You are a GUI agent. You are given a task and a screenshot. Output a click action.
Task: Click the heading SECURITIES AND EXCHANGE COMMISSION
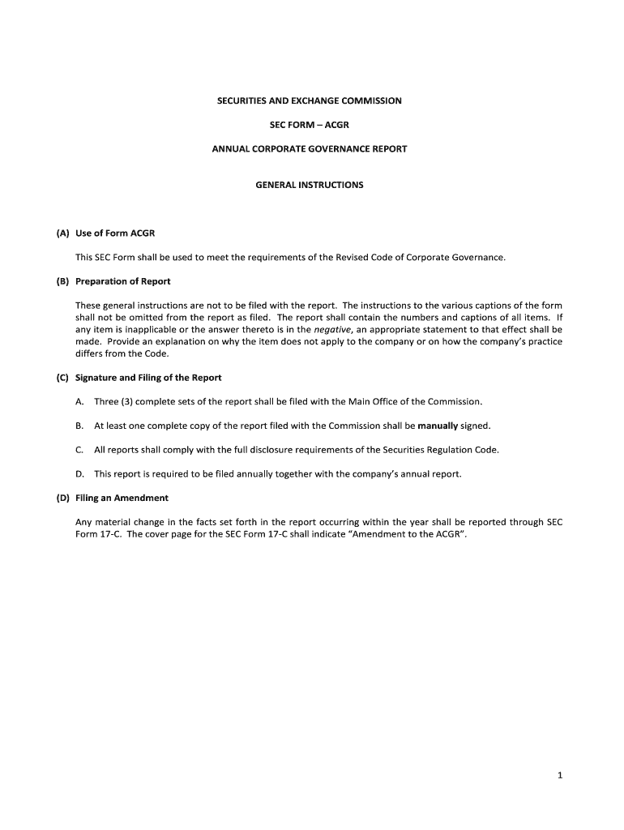click(x=309, y=101)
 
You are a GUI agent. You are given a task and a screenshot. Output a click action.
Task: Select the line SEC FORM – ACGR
click(x=309, y=125)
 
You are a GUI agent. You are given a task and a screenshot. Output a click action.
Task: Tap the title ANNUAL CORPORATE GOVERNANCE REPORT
click(x=309, y=149)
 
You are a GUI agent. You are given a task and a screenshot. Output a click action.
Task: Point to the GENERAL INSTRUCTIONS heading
click(x=309, y=185)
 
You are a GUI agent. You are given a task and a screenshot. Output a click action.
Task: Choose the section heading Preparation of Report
click(x=122, y=281)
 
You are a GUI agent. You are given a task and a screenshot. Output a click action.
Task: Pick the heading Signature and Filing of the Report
click(x=148, y=378)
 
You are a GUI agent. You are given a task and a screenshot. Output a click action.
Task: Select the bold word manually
click(x=438, y=426)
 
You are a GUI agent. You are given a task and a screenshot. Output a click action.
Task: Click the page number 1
click(x=559, y=776)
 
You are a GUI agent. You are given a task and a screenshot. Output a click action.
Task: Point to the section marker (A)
click(x=62, y=233)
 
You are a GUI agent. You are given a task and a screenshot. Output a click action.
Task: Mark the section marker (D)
click(x=62, y=498)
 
